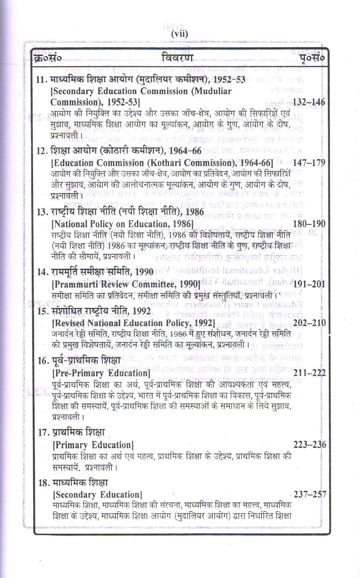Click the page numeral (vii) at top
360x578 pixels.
(x=180, y=34)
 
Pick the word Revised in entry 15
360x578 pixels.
(x=72, y=323)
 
